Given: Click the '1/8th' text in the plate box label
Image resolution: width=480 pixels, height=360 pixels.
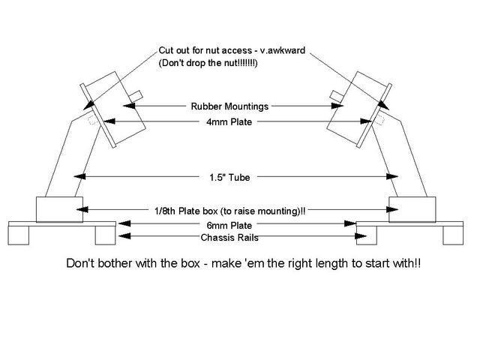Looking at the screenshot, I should coord(166,210).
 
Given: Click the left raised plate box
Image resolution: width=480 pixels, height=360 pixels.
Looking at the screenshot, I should coord(60,208).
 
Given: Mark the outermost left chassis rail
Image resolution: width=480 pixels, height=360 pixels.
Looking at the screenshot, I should coord(18,234).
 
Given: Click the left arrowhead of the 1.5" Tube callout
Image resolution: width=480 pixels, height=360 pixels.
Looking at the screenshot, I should coord(81,178).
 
